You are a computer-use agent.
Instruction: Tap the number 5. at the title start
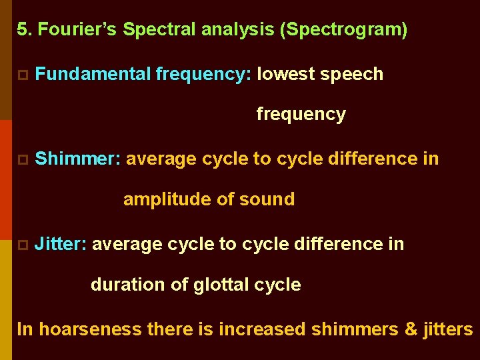24,30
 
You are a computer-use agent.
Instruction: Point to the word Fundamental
93,74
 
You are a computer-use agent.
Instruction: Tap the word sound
270,199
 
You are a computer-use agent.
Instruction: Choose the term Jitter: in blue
61,244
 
